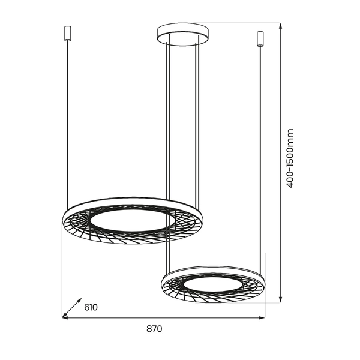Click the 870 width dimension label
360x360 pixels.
(x=154, y=329)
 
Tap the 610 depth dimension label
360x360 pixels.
(x=91, y=308)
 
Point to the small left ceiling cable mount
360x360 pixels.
(x=66, y=32)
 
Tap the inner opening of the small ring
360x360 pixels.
(x=213, y=284)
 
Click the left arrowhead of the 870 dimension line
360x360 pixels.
(x=66, y=318)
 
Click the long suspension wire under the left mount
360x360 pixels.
(x=66, y=120)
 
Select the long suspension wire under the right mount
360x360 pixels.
(x=260, y=150)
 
